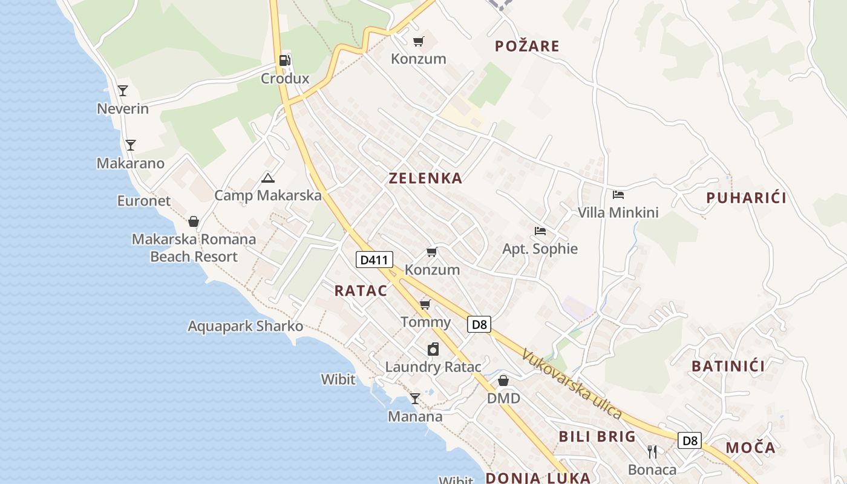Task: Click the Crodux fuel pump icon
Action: pos(284,60)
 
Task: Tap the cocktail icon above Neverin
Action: pos(123,91)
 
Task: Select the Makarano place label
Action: pos(131,163)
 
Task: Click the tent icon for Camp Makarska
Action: pos(267,178)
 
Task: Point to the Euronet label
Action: pos(144,201)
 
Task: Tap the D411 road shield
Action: pos(374,260)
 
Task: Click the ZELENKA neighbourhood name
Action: pos(425,178)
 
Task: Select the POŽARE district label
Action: pos(527,46)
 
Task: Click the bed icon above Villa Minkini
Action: pos(618,195)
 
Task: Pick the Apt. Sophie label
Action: pos(540,249)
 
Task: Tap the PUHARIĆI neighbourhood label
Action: pos(747,198)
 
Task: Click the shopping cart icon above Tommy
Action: pos(425,304)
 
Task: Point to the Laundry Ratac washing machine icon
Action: pos(433,349)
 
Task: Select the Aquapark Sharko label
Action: pos(245,326)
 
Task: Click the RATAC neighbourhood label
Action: pos(361,290)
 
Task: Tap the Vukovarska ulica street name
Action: pos(572,384)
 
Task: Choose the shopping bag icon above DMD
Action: pos(503,381)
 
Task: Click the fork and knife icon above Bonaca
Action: pos(652,451)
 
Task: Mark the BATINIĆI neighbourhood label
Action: pos(728,366)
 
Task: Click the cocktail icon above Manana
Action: pos(414,399)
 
